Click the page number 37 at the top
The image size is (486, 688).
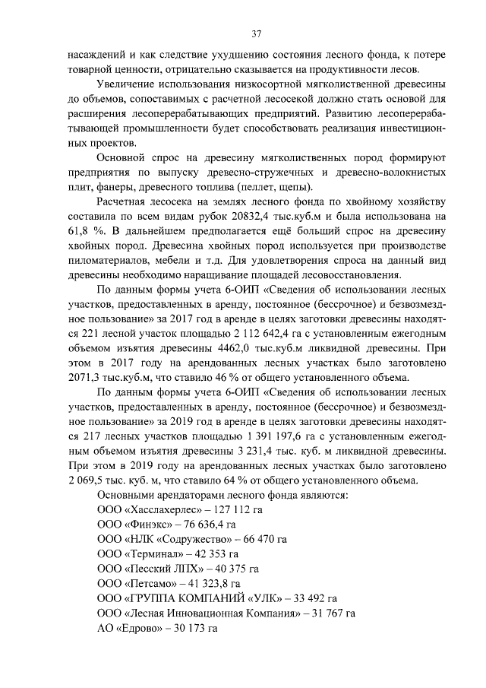pyautogui.click(x=257, y=33)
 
